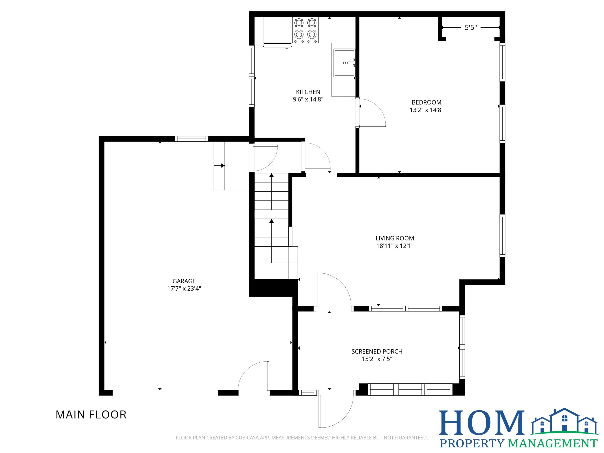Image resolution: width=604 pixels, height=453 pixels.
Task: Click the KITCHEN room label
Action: [x=308, y=92]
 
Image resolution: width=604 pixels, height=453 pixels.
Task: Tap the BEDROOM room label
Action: [x=427, y=102]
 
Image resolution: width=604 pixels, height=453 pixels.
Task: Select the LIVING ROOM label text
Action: [x=395, y=238]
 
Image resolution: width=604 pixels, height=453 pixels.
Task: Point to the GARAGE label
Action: [x=184, y=281]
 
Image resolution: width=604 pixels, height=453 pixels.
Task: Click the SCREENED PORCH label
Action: [x=377, y=351]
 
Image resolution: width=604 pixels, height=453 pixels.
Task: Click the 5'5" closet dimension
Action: [x=471, y=27]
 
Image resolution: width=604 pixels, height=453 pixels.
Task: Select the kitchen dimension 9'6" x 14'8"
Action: [x=308, y=99]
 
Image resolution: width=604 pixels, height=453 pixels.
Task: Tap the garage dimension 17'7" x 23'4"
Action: [x=184, y=289]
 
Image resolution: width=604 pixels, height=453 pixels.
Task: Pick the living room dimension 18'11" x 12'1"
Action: [x=395, y=246]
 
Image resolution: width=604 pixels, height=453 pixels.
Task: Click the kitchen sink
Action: [x=344, y=63]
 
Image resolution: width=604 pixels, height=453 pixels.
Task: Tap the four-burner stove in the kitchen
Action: [x=306, y=30]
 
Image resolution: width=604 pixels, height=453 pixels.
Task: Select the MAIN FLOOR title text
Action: [x=91, y=415]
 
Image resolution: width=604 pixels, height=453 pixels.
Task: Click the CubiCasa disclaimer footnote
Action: [x=302, y=438]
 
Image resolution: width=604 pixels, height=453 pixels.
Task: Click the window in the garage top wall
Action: [x=191, y=139]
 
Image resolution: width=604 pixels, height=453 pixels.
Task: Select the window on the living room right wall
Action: [x=502, y=236]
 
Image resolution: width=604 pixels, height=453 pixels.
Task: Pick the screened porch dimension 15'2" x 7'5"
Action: [x=377, y=359]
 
